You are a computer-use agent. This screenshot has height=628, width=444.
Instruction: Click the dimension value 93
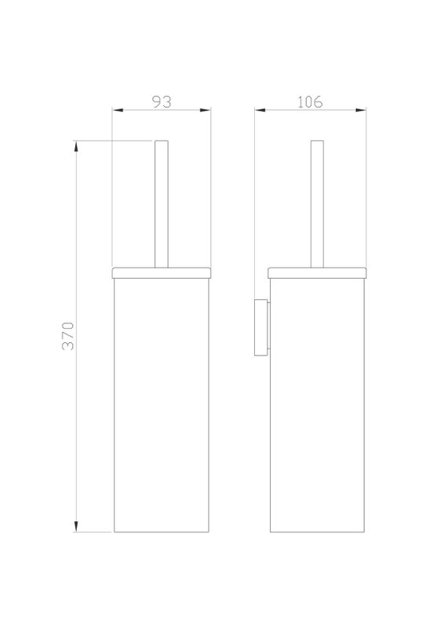click(x=162, y=102)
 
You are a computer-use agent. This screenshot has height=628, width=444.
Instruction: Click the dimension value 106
click(x=310, y=102)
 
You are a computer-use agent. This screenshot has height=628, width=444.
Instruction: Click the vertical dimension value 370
click(x=68, y=336)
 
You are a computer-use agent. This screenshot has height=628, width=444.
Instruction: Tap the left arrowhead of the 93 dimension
click(x=118, y=110)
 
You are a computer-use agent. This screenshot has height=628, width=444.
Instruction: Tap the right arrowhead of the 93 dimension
click(x=206, y=110)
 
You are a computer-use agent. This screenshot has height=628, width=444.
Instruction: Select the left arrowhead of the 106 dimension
click(x=260, y=110)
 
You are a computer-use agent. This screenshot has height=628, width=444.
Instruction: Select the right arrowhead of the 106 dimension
click(x=361, y=110)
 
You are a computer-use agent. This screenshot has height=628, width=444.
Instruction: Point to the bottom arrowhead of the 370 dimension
click(x=76, y=527)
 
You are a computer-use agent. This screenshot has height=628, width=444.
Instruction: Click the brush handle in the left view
click(x=162, y=204)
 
